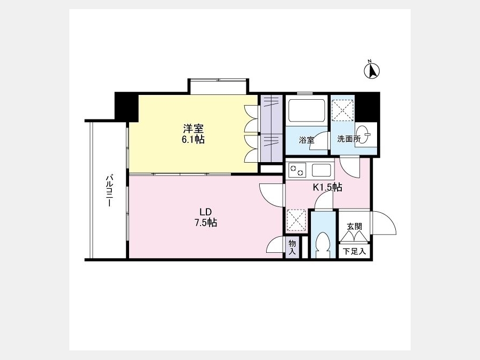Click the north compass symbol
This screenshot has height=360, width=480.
(x=372, y=70)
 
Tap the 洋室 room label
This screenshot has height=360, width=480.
(x=193, y=129)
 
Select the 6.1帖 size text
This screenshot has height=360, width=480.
(x=193, y=140)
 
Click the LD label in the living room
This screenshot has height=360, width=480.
(x=206, y=212)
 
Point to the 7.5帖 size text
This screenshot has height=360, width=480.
(x=206, y=222)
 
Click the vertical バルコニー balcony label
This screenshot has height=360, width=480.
(x=109, y=190)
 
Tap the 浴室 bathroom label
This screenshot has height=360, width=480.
(x=307, y=140)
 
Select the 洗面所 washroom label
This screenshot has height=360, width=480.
(x=349, y=139)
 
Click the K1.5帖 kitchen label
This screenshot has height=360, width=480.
(x=327, y=187)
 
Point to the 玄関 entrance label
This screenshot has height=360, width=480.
(x=355, y=226)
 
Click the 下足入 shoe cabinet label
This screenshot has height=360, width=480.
(x=354, y=251)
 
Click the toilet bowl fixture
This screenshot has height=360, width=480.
(x=323, y=245)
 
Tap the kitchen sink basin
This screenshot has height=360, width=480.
(x=321, y=170)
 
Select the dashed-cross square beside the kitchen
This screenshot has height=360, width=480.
(x=296, y=220)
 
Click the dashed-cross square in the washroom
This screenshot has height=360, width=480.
(x=343, y=110)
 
